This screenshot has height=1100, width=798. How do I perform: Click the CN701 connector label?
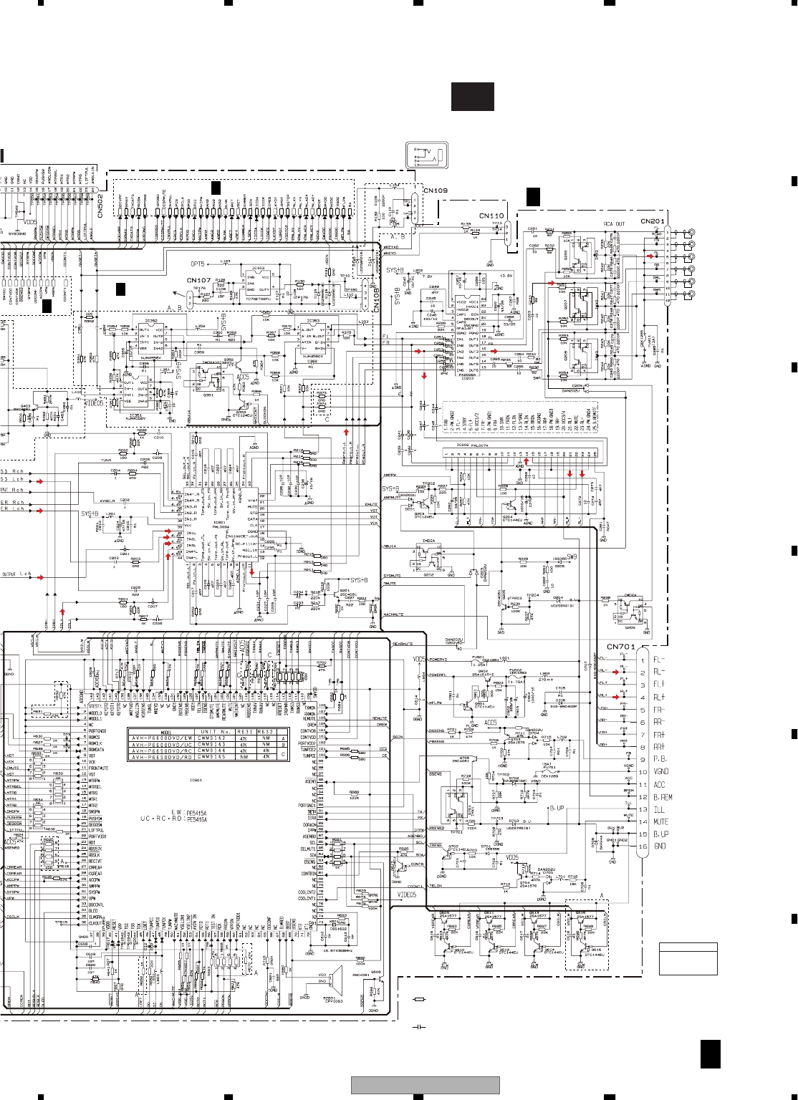pos(620,647)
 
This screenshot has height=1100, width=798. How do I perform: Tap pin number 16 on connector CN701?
pos(643,846)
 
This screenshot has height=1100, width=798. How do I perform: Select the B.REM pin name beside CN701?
pos(663,797)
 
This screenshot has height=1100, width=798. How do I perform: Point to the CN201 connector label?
pos(653,221)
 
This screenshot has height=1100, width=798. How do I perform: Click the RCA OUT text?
pos(614,224)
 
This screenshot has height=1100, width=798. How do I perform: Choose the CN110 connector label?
pos(491,216)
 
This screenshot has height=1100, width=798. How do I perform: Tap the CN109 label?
pos(436,190)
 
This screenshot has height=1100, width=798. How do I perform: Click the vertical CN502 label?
pos(100,206)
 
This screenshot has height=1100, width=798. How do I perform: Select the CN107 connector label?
pos(198,281)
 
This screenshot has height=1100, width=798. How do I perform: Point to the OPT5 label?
pos(197,264)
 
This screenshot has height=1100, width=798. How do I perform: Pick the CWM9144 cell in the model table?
pos(211,751)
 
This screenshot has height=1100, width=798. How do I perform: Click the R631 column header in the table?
pos(244,732)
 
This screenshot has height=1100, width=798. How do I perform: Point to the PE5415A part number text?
pos(196,813)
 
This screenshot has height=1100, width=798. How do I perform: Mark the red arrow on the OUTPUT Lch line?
pos(40,576)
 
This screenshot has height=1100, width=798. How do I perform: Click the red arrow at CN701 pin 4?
pos(615,697)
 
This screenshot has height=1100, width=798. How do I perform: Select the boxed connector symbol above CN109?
pos(427,155)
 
